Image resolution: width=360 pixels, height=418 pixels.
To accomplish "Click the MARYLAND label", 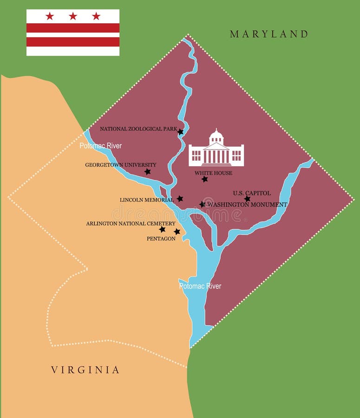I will click(269, 34).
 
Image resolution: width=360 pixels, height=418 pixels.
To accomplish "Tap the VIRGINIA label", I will click(85, 370).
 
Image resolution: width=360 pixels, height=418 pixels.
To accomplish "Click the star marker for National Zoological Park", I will click(181, 132).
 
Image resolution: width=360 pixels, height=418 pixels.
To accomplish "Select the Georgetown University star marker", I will click(147, 172).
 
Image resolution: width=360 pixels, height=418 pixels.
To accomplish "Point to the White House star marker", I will click(205, 179).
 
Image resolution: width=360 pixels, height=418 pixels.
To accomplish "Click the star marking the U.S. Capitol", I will click(247, 199).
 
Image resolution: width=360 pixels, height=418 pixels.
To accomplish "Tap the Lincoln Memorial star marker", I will click(180, 199).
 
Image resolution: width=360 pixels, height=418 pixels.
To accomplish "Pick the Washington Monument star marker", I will click(202, 204).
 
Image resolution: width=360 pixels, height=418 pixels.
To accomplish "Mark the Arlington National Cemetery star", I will click(162, 229).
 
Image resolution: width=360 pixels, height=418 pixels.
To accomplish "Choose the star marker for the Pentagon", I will click(177, 232).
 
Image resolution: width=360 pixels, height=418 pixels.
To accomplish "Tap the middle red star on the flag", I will click(73, 16).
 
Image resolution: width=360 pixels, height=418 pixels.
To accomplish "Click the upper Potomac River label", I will click(100, 146).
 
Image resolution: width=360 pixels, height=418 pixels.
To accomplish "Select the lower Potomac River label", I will click(200, 286).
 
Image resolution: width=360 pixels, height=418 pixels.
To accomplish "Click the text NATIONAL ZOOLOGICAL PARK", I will click(138, 129).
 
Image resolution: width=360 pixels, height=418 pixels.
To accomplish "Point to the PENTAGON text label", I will click(161, 239).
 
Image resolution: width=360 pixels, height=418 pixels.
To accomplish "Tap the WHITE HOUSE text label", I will click(213, 173).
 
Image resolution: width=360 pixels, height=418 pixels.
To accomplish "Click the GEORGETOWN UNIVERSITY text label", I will click(120, 165).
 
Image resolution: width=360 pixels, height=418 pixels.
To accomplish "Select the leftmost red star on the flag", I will click(50, 16).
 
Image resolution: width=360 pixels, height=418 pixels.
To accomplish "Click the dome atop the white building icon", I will click(216, 136).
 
